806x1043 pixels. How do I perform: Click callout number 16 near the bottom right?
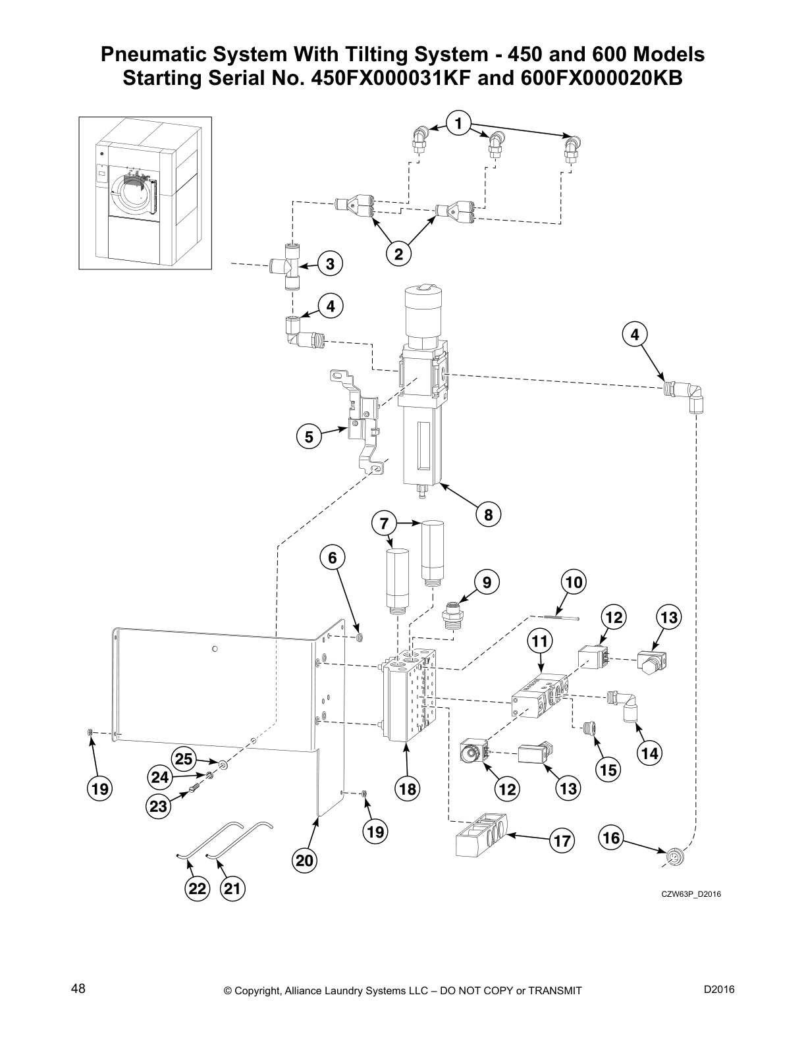611,838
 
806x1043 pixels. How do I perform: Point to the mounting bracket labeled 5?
360,421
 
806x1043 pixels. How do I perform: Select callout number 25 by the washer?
184,759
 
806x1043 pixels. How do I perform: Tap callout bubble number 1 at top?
458,122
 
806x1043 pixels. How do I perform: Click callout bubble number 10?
574,582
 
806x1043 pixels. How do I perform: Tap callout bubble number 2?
398,254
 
